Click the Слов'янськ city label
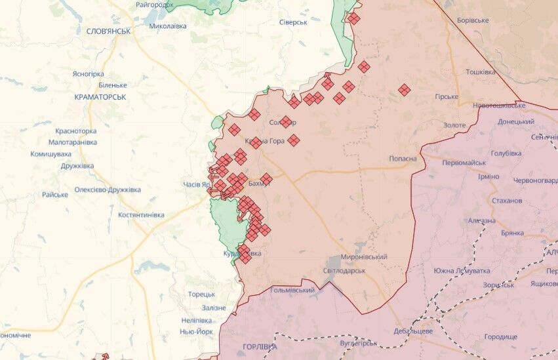pyautogui.click(x=108, y=31)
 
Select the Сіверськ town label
pyautogui.click(x=293, y=22)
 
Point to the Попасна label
pyautogui.click(x=403, y=158)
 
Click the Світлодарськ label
pyautogui.click(x=344, y=270)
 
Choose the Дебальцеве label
pyautogui.click(x=412, y=331)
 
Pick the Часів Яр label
pyautogui.click(x=196, y=184)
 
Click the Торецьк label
pyautogui.click(x=201, y=294)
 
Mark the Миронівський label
pyautogui.click(x=365, y=257)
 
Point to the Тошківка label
pyautogui.click(x=480, y=71)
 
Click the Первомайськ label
pyautogui.click(x=464, y=163)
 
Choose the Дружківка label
pyautogui.click(x=77, y=166)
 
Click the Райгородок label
pyautogui.click(x=155, y=5)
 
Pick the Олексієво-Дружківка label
pyautogui.click(x=108, y=190)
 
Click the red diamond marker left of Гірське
pyautogui.click(x=405, y=90)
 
